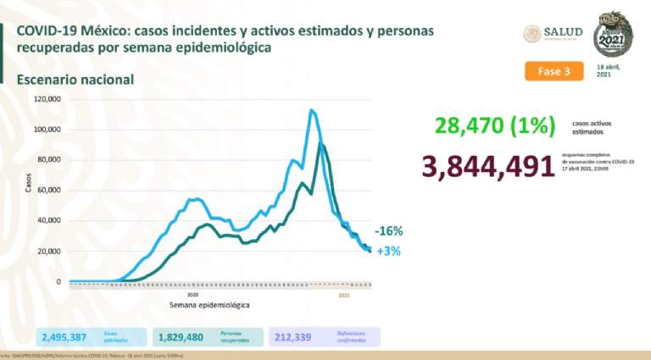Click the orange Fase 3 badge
[554, 71]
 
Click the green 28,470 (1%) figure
[494, 126]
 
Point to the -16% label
[387, 231]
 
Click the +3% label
[388, 251]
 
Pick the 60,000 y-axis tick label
[48, 191]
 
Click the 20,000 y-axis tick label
[48, 252]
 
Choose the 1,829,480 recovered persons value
[180, 337]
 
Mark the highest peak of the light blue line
[311, 110]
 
